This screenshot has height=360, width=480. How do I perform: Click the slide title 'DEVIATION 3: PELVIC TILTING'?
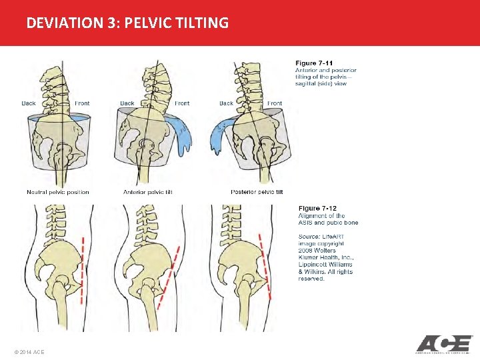tap(127, 23)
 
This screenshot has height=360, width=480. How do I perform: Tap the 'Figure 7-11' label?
tap(315, 63)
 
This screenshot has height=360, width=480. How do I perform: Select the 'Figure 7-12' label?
tap(317, 209)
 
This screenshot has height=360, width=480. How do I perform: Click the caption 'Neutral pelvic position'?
tap(57, 193)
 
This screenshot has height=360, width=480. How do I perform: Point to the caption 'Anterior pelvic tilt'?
tap(148, 193)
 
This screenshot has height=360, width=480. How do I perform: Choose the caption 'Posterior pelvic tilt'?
tap(257, 193)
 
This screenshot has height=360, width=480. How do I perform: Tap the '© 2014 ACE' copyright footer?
tap(29, 351)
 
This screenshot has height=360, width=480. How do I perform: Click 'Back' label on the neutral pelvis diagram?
tap(29, 103)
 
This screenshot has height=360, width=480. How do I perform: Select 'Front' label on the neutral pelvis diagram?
tap(82, 103)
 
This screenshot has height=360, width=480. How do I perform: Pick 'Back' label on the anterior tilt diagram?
tap(127, 103)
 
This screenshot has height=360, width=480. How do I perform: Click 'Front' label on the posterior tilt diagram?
tap(275, 103)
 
